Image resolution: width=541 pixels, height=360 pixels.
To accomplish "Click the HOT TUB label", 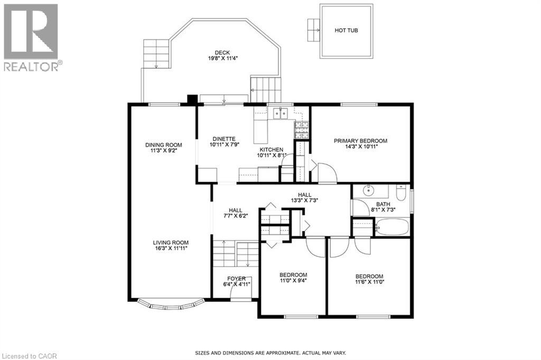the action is coord(346,30).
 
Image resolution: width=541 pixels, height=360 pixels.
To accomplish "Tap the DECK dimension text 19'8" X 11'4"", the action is coord(222,58).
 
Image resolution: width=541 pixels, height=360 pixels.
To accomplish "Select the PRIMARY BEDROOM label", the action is coord(360,141).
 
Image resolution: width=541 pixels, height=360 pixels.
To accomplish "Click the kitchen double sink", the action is coord(281,113).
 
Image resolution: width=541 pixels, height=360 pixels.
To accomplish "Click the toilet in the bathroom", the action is coord(400,193).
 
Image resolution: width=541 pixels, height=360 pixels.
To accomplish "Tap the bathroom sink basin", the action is coord(368,190).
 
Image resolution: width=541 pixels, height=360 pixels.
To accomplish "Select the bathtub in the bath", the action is coord(391,227).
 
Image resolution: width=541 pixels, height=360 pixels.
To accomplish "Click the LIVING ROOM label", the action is coord(171,242).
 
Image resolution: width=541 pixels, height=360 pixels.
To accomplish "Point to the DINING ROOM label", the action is coord(164,145).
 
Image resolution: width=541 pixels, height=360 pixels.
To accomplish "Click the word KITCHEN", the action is coord(272,150).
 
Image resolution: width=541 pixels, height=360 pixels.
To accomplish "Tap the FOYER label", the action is coord(236,279).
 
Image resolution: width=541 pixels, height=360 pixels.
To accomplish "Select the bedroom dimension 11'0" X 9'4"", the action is coord(293,280).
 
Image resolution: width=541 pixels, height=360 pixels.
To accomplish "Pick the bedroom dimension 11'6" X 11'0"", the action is coord(369,282).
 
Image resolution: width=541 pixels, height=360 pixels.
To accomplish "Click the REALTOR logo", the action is coord(31,37).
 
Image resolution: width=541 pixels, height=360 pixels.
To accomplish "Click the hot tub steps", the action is coord(314,30).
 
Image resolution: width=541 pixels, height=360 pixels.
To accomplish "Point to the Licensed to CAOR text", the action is coord(29,356).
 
